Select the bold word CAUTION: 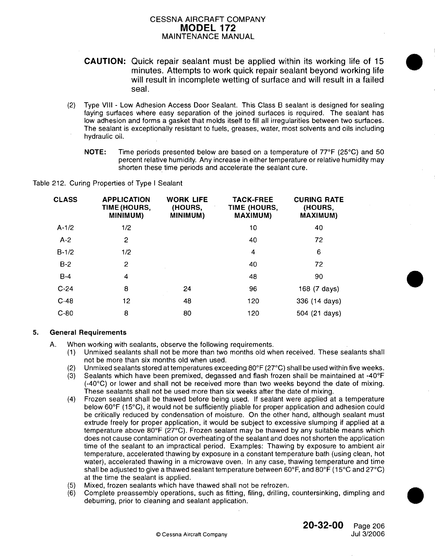(x=104, y=61)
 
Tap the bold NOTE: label (x=95, y=152)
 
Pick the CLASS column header (x=65, y=200)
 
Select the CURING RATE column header (x=319, y=207)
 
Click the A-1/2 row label (x=65, y=228)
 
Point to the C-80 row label (x=65, y=313)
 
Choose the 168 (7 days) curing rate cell (x=319, y=289)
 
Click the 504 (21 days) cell (x=319, y=313)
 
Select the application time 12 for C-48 (x=126, y=301)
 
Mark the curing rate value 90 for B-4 (x=319, y=277)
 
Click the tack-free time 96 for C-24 (x=253, y=289)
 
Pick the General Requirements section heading (x=88, y=333)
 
